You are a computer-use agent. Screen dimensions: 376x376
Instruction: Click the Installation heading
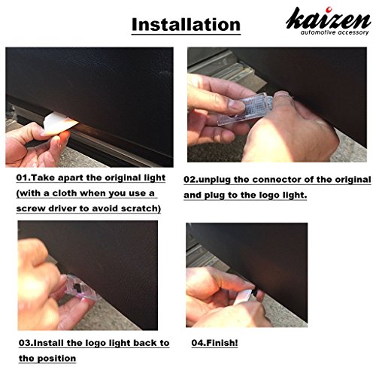[186, 25]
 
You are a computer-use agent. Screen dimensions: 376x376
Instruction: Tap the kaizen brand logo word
[328, 20]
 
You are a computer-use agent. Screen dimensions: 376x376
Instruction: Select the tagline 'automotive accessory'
[335, 32]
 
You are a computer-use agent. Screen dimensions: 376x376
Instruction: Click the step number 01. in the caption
[23, 177]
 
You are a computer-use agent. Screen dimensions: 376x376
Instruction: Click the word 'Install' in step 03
[48, 343]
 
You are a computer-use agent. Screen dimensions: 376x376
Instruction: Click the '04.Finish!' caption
[214, 343]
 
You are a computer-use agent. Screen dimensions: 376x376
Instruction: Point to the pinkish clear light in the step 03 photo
[80, 288]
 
